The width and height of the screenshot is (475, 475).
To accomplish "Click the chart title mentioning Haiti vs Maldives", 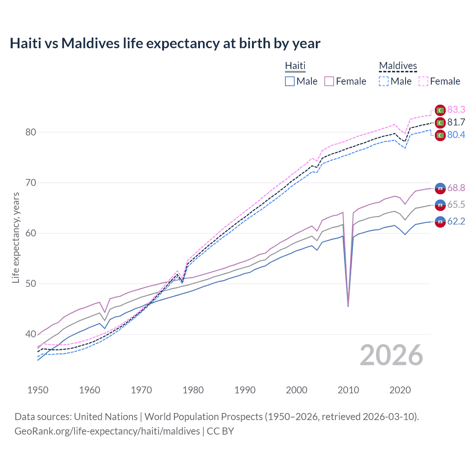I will coord(165,43).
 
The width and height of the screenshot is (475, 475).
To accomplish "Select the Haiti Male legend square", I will coord(290,81).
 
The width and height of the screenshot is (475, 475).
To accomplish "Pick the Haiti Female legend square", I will coord(329,81).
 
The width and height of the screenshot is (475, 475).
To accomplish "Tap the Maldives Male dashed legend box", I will coord(384,81).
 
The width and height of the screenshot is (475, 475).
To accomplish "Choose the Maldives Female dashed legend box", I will coord(423,81).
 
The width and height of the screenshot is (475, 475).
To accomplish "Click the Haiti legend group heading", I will coord(295,66).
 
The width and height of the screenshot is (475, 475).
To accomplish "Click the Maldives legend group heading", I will coord(398,66).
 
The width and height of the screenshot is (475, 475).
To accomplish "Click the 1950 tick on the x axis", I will coord(38,390).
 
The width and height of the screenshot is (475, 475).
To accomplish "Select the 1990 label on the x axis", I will coord(245,390).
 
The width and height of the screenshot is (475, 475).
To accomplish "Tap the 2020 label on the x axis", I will coord(400,390).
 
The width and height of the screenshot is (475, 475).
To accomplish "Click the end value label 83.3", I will coord(456,109).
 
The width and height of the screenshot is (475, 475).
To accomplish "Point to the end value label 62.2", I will coord(456,222).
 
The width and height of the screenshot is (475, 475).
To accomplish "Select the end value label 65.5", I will coord(456,204).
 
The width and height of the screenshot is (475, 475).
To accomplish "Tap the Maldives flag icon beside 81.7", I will coord(440,122).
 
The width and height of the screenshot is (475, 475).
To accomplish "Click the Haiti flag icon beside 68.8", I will coord(440,189).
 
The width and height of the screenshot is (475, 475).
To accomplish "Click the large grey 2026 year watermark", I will coord(391,355).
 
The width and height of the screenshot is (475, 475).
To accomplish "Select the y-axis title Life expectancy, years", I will coord(16,237).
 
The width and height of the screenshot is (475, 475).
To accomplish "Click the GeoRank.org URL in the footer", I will coord(107,431).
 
